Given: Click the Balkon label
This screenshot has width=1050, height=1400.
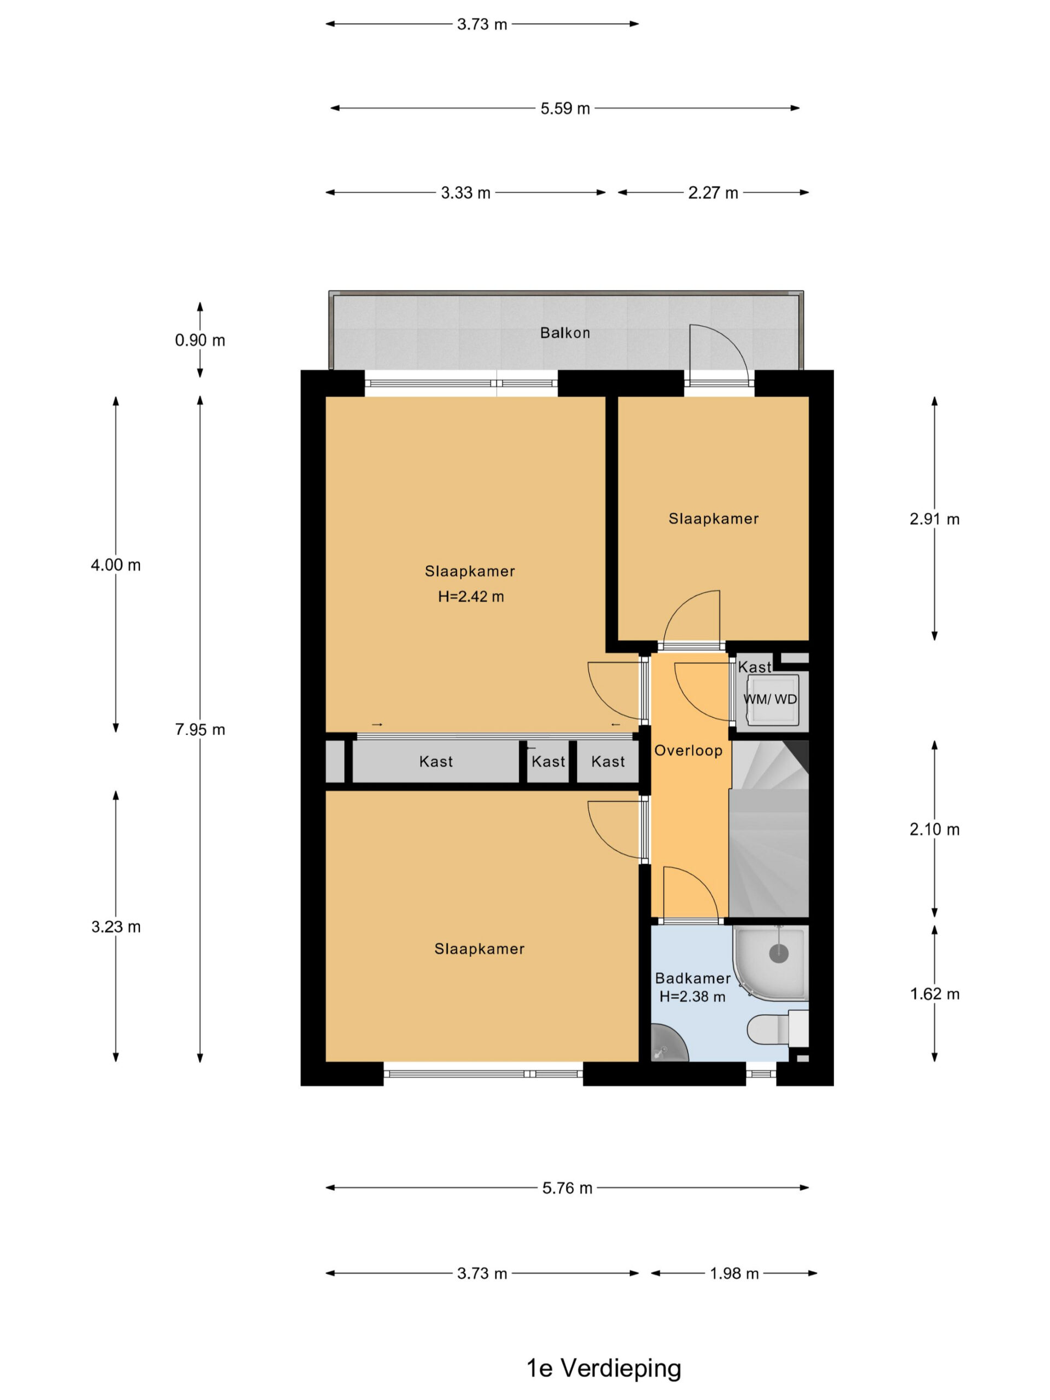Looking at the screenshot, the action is tap(564, 333).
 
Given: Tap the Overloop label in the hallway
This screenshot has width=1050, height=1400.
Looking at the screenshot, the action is tap(688, 751).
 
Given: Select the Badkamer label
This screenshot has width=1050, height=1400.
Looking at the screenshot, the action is tap(692, 978).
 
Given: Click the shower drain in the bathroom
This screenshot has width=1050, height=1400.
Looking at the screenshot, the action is tap(779, 953).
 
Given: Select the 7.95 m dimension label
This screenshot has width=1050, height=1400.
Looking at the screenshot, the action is tap(200, 730).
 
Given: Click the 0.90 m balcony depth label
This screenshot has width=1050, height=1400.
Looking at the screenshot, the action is tap(200, 341).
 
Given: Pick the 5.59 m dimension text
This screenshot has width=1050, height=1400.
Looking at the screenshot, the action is tap(565, 108).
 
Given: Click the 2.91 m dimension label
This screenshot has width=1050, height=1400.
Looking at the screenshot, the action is tap(935, 519).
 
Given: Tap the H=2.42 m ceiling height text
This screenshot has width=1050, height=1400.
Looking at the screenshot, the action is tap(471, 596).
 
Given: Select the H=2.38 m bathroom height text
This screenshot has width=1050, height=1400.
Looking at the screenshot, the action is tap(692, 997).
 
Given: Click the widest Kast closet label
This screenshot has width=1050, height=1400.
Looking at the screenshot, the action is tap(436, 761).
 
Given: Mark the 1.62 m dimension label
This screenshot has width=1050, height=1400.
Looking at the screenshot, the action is tap(935, 994).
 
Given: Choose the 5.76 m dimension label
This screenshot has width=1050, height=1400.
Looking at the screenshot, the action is tap(567, 1188).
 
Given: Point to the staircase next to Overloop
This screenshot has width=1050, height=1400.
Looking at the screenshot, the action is tap(769, 829).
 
